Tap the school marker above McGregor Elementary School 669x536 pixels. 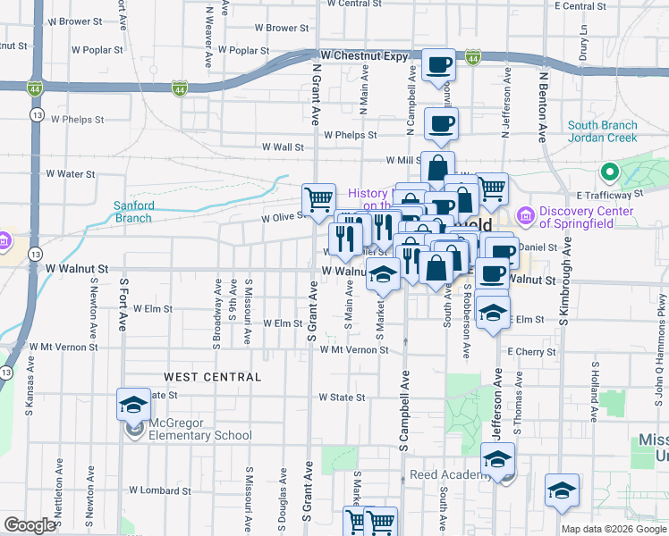point(133,405)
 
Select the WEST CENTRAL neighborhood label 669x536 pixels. point(212,377)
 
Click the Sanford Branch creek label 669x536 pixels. point(133,211)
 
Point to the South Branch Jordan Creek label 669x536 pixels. point(602,131)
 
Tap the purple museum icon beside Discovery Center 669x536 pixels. point(525,215)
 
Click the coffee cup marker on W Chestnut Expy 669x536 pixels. point(438,63)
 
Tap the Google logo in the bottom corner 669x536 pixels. point(29,525)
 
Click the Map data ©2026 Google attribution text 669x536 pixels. point(614,529)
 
